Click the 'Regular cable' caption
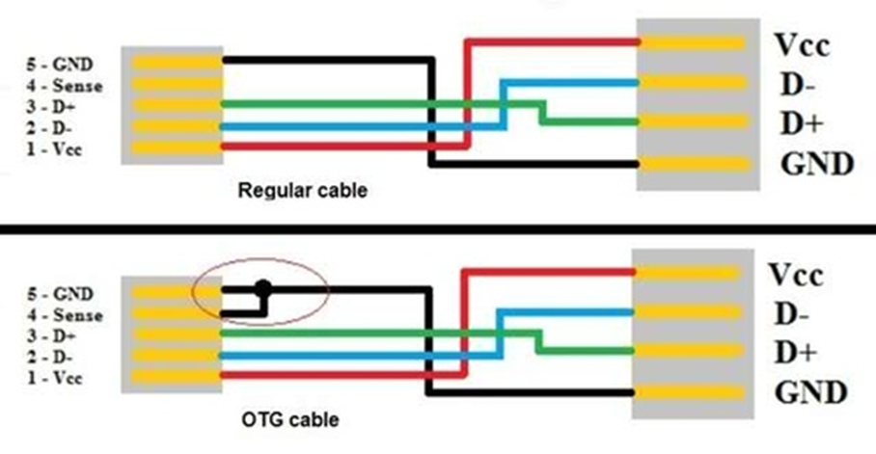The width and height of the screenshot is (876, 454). (302, 191)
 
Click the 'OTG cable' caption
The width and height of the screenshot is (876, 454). (290, 419)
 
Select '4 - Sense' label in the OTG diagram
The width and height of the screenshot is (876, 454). (66, 315)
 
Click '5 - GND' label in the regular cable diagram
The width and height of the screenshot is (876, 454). (60, 65)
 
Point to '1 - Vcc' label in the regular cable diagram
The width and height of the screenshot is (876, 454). (54, 149)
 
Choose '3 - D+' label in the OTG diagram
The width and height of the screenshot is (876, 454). (51, 336)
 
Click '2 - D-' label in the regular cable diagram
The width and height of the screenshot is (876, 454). (49, 128)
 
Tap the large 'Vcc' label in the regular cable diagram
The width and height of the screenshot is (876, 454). (802, 44)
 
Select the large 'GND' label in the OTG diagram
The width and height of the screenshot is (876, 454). (810, 391)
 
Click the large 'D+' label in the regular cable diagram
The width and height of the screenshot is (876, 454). (802, 123)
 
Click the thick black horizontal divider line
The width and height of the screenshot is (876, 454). (438, 229)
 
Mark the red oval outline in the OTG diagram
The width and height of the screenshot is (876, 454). (260, 258)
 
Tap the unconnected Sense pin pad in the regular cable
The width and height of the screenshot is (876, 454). (178, 84)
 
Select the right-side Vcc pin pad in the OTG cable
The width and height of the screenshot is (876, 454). (687, 273)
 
